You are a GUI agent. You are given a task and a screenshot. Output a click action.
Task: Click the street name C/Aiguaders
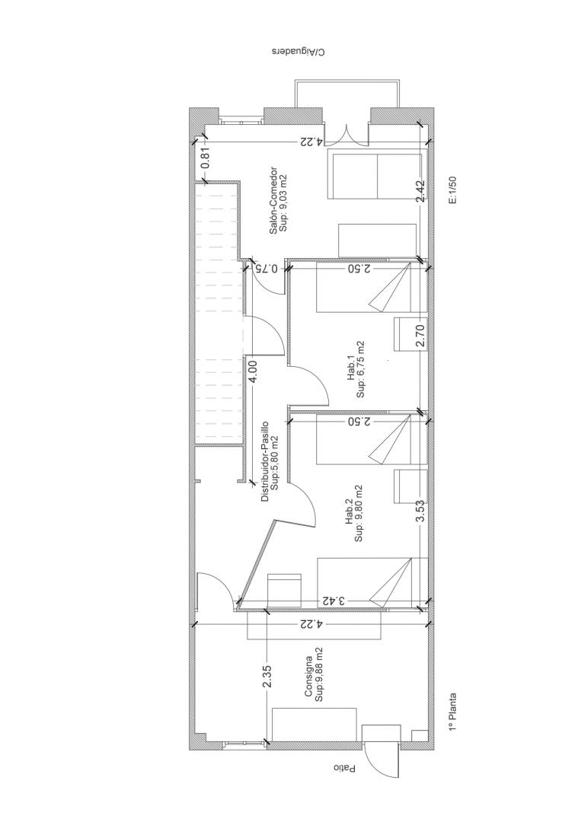click(298, 52)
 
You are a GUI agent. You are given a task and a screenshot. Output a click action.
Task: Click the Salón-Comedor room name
click(273, 201)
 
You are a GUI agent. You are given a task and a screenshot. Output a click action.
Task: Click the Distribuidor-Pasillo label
click(265, 461)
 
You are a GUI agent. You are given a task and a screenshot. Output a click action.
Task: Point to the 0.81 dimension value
click(206, 158)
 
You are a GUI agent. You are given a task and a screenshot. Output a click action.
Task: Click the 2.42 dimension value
click(420, 191)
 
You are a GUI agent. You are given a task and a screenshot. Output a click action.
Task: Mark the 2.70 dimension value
click(420, 336)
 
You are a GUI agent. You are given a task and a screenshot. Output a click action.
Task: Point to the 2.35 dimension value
click(267, 677)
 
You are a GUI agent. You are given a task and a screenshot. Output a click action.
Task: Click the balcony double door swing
click(346, 135)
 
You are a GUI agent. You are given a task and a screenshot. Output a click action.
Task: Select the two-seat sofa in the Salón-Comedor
click(375, 174)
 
